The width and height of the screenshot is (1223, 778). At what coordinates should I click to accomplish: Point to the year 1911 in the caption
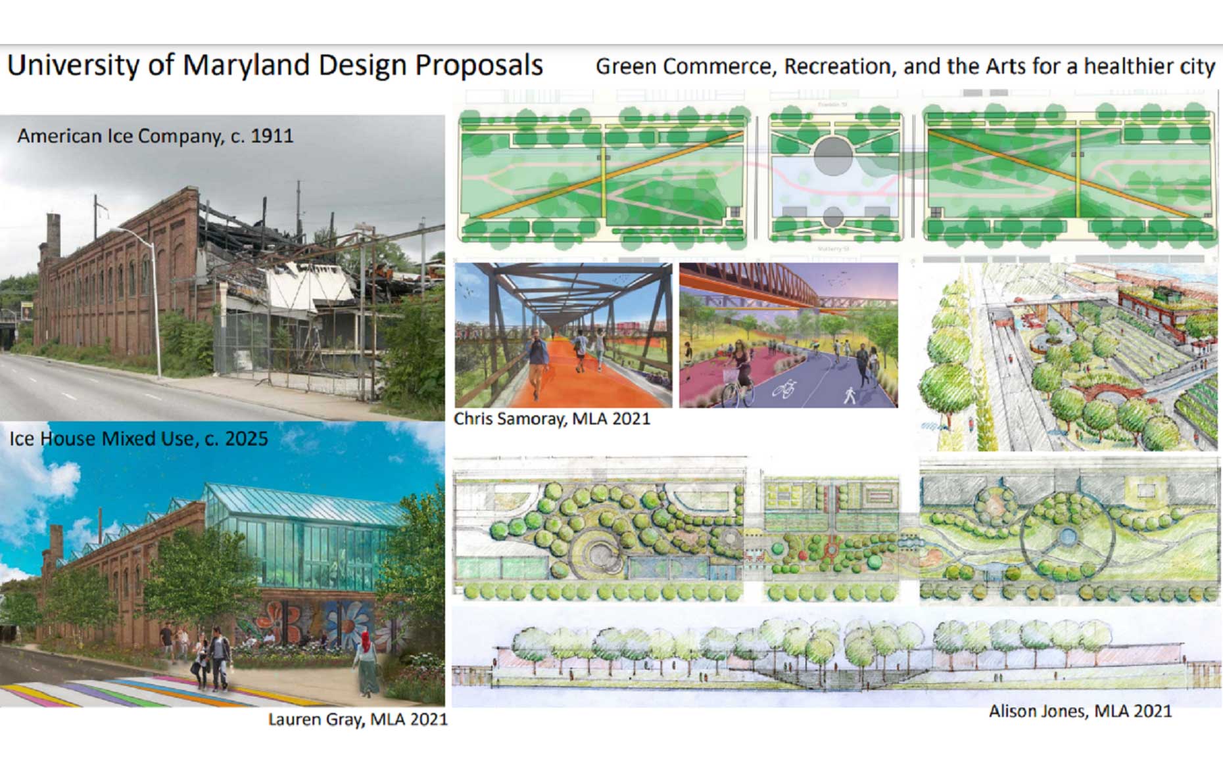272,135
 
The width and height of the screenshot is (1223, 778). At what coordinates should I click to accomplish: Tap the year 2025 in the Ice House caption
246,438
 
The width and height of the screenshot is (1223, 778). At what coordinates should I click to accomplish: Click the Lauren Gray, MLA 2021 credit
358,720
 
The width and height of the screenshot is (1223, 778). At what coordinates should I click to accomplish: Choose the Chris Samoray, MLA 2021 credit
552,419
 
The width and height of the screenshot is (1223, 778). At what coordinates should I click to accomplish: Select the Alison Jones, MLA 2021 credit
1080,711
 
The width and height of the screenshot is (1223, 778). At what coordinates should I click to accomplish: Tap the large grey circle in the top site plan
833,156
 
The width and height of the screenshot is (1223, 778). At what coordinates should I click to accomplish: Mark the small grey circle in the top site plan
833,217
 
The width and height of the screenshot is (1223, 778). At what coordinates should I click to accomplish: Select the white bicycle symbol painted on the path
784,389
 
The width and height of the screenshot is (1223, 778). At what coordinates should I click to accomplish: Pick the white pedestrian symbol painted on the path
850,395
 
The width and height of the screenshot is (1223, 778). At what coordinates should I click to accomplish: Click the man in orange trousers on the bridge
538,365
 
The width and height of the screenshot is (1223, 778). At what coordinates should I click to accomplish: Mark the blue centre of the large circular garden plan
1068,538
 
